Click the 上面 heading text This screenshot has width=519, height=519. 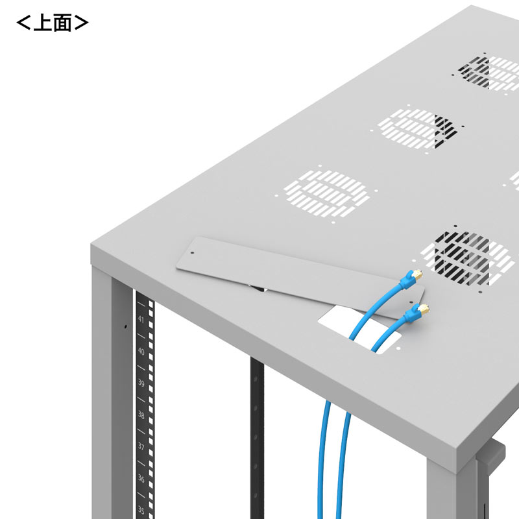(53, 23)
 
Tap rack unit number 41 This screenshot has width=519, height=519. (141, 319)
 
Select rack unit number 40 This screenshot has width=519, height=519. (141, 351)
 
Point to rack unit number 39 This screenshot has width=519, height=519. (141, 383)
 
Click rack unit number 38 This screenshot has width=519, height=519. (141, 415)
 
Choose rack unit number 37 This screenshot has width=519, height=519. (141, 446)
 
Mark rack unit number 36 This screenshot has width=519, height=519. (141, 478)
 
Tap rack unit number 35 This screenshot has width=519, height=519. (141, 510)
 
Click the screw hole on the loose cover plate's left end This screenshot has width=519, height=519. (192, 253)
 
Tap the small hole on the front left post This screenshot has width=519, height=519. (125, 327)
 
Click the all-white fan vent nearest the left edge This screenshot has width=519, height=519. (326, 193)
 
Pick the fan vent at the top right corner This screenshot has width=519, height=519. (489, 73)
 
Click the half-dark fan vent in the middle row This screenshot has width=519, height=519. (418, 128)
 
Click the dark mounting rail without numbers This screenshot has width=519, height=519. (257, 437)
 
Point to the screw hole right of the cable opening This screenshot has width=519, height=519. (398, 348)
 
